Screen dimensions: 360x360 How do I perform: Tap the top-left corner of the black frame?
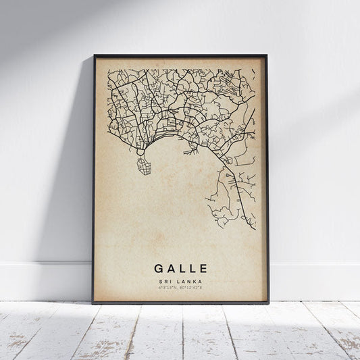click(95, 55)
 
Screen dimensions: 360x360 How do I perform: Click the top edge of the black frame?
click(180, 55)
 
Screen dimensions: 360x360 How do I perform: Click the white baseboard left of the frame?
click(41, 281)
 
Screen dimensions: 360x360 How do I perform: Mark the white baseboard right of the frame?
click(314, 281)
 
